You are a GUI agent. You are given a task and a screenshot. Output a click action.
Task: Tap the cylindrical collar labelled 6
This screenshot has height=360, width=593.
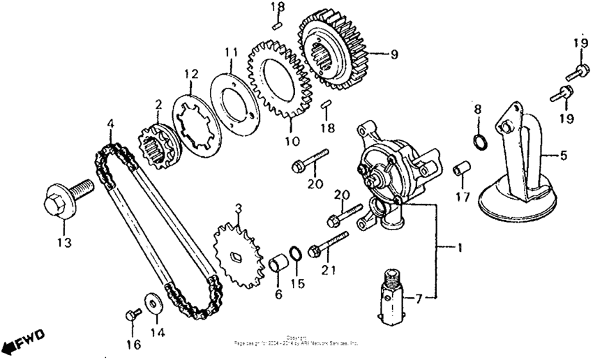pyautogui.click(x=279, y=266)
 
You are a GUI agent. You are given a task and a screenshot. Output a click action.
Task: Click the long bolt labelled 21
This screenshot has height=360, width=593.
pyautogui.click(x=329, y=243)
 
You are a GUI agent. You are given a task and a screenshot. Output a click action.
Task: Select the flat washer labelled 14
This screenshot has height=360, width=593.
pyautogui.click(x=151, y=303)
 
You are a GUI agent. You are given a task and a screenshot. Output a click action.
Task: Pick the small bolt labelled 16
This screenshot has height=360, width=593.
pyautogui.click(x=130, y=315)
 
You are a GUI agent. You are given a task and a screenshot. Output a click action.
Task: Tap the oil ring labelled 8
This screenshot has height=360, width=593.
pyautogui.click(x=479, y=143)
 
